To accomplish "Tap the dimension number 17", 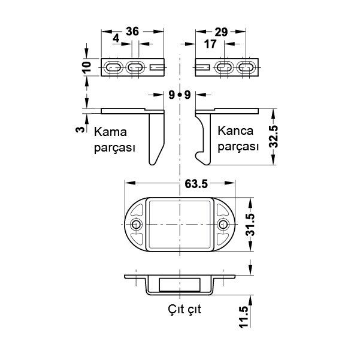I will (210, 44).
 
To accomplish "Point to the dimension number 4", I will (116, 39).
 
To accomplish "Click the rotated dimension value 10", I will (86, 67).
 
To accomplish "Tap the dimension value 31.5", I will (251, 225).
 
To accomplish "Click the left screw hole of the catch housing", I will (137, 225).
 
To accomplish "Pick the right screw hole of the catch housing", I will (224, 225).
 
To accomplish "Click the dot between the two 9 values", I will (180, 95).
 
